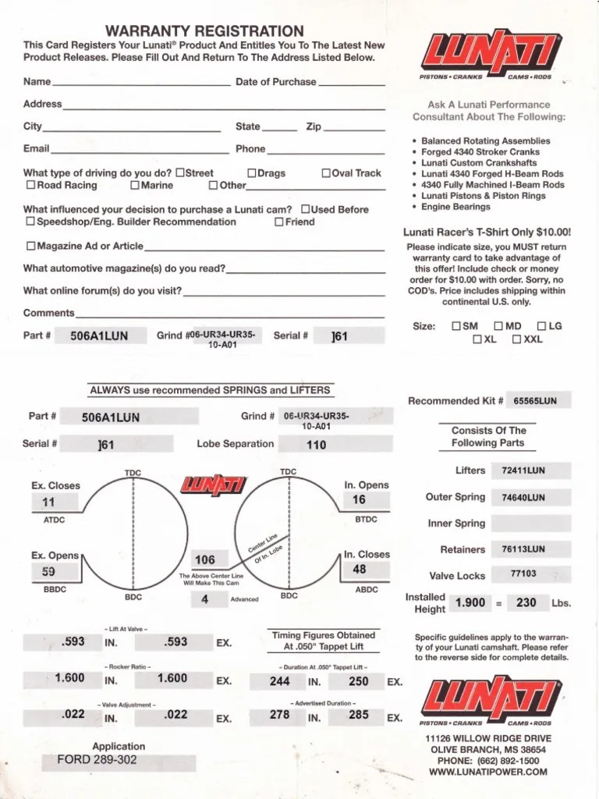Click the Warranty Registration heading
coord(204,31)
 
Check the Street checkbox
coord(180,173)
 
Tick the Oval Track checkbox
coord(326,173)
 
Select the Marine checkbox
coord(135,186)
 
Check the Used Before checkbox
coord(306,209)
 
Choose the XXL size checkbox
coord(516,339)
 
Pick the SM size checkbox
coord(455,326)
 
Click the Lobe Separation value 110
coord(316,445)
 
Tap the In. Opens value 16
coord(359,500)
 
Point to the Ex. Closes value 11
coord(48,503)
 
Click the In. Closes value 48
coord(359,570)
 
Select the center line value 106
coord(204,559)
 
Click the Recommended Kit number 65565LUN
coord(535,401)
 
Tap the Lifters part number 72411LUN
coord(523,471)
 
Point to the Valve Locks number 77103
coord(523,574)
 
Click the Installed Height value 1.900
coord(470,602)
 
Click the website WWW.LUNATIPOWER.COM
coord(488,772)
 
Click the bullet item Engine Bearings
coord(456,208)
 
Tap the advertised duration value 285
coord(359,715)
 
